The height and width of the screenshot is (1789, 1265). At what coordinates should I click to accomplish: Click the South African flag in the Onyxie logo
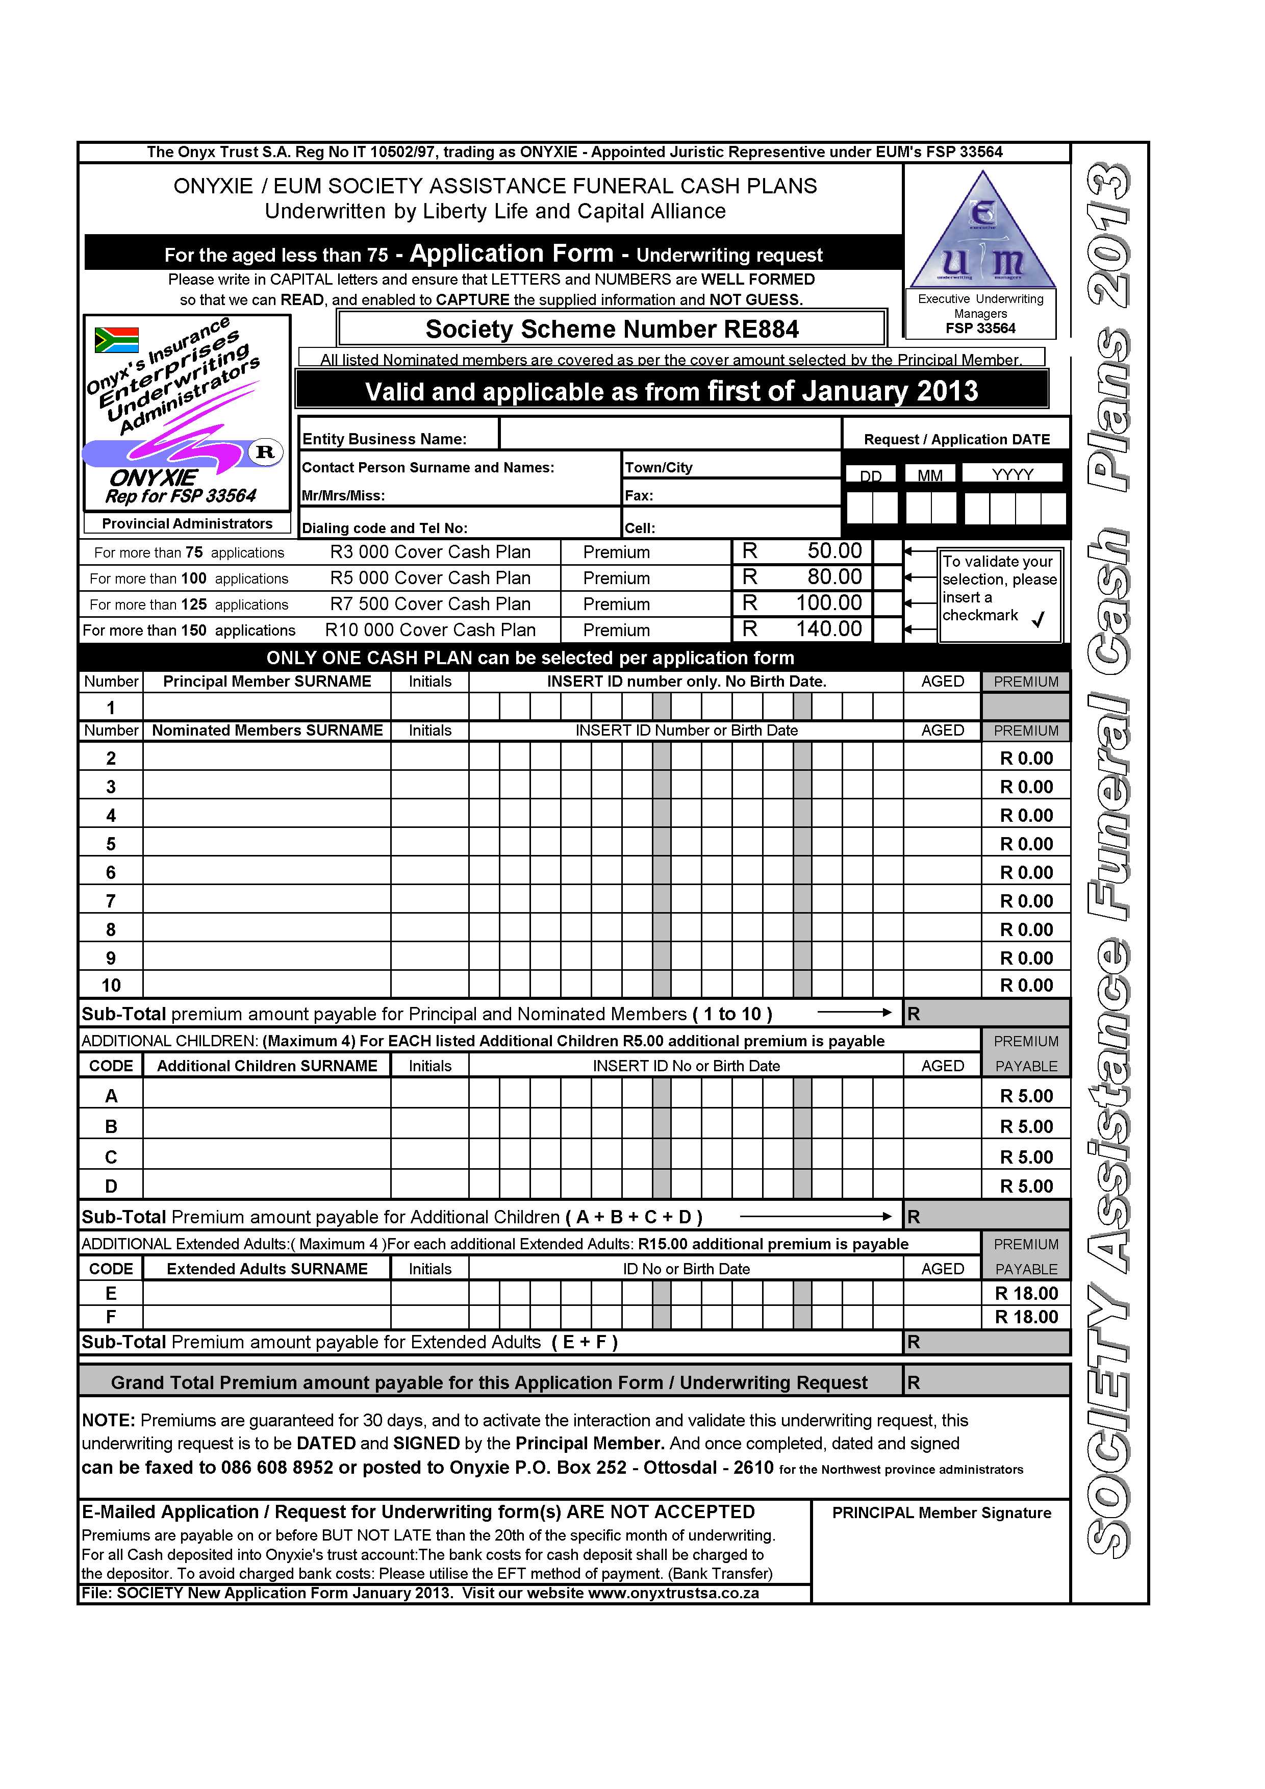[x=116, y=340]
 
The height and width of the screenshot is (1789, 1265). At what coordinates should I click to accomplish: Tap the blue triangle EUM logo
[x=983, y=233]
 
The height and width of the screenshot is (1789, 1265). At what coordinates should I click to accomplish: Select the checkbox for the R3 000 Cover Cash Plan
[x=887, y=551]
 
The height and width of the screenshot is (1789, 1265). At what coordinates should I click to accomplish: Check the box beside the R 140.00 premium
[x=887, y=629]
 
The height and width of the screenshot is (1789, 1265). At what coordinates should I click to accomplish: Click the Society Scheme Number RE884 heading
[x=612, y=329]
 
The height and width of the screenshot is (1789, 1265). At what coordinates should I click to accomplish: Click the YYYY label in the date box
[x=1012, y=474]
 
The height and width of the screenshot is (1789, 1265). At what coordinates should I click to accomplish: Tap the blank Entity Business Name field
[x=670, y=435]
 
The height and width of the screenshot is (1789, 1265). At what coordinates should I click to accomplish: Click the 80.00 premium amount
[x=834, y=577]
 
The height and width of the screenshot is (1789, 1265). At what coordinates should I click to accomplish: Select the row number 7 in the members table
[x=111, y=901]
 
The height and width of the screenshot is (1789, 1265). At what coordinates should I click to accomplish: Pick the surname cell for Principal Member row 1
[x=266, y=707]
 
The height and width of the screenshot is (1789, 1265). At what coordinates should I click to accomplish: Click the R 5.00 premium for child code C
[x=1026, y=1157]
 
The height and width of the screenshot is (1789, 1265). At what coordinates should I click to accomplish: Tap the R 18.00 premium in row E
[x=1026, y=1294]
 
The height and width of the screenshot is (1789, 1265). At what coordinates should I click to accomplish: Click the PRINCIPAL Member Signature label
[x=941, y=1513]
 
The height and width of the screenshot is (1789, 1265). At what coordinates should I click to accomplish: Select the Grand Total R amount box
[x=986, y=1383]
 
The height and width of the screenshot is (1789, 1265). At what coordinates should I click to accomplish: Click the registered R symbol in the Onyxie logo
[x=265, y=452]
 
